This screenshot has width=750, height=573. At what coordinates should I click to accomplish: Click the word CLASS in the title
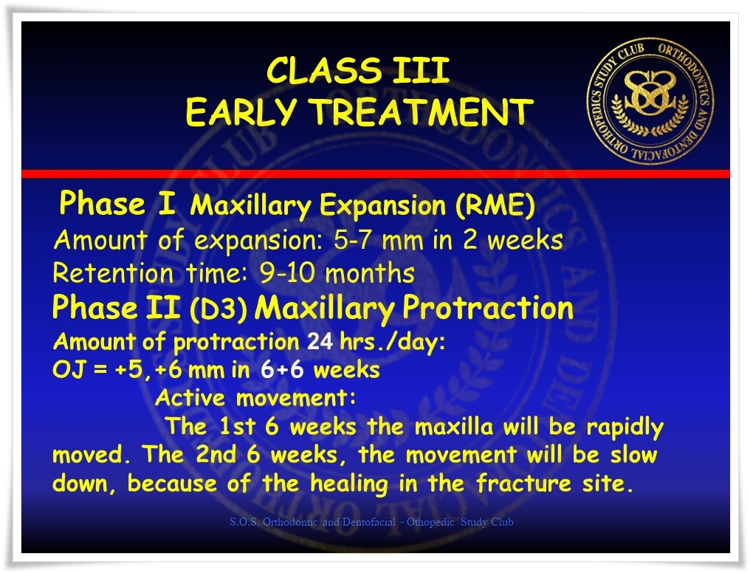click(323, 71)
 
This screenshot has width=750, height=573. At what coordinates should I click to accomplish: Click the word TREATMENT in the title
click(423, 112)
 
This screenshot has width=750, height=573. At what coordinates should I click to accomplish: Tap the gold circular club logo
click(650, 101)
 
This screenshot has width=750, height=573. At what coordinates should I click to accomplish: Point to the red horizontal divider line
click(376, 174)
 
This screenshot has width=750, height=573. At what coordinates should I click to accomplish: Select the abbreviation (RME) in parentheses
click(495, 205)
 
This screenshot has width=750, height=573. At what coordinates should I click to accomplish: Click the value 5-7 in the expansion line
click(351, 240)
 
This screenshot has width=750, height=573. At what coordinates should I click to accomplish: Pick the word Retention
click(113, 273)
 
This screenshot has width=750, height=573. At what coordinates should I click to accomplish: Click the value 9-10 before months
click(287, 272)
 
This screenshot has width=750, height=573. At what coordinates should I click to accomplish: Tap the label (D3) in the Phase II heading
click(219, 309)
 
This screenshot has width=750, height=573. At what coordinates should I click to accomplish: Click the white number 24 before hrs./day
click(320, 341)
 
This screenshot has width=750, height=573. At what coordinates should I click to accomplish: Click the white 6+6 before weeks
click(282, 370)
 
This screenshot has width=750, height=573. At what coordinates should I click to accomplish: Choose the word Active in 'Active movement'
click(190, 398)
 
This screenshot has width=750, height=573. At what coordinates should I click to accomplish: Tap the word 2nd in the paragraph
click(216, 454)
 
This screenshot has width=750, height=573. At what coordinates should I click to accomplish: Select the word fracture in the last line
click(524, 483)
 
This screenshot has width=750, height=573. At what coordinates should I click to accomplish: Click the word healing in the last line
click(349, 484)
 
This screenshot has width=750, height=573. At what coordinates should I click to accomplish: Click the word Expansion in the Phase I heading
click(382, 206)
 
